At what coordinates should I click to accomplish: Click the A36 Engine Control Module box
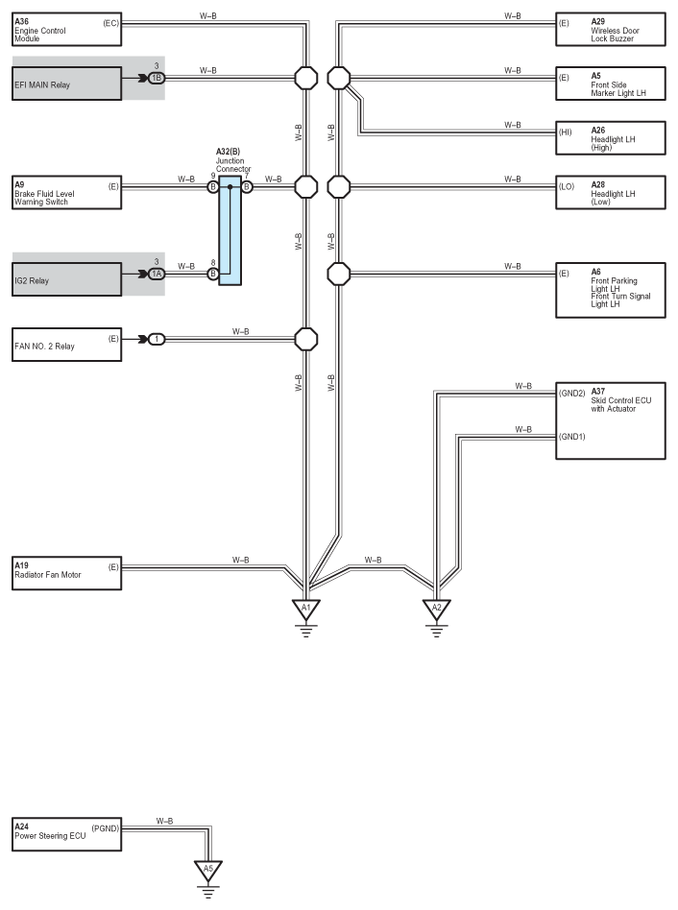[x=67, y=30]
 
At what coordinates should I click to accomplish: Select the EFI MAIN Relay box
[x=67, y=84]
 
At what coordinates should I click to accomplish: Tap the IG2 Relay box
[x=67, y=279]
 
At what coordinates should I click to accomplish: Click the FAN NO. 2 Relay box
[x=67, y=345]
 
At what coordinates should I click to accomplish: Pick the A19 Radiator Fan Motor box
[x=67, y=573]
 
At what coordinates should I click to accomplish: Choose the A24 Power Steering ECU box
[x=67, y=834]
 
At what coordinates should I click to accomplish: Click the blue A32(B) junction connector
[x=230, y=230]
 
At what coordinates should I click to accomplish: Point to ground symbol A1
[x=306, y=618]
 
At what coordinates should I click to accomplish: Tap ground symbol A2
[x=437, y=618]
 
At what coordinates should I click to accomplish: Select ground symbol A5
[x=207, y=879]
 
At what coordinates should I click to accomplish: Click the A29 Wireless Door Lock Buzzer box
[x=611, y=30]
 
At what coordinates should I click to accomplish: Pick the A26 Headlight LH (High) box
[x=611, y=138]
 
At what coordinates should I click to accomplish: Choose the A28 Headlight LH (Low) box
[x=611, y=193]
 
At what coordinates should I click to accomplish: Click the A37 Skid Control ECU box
[x=611, y=421]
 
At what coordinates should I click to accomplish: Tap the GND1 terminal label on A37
[x=572, y=437]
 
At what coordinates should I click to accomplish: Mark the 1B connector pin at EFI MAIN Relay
[x=157, y=78]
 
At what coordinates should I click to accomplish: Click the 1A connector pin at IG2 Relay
[x=157, y=274]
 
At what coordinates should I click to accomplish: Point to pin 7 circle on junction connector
[x=247, y=187]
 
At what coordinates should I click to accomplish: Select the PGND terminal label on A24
[x=105, y=828]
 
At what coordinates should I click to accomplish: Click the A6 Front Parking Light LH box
[x=611, y=290]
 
